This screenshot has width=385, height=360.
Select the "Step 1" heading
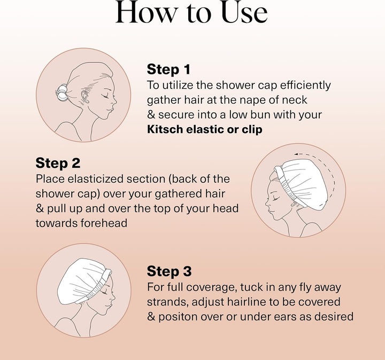coord(168,69)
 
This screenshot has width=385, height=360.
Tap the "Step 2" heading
coord(57,162)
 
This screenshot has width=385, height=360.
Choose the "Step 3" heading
coord(169,271)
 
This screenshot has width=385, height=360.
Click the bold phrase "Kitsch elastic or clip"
coord(204,130)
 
